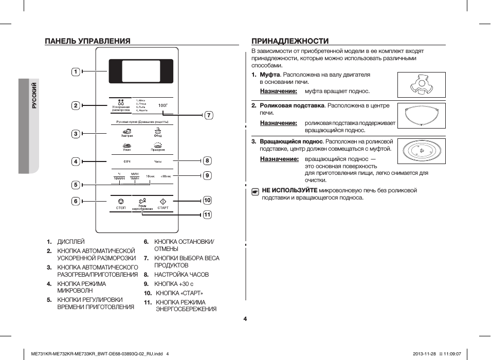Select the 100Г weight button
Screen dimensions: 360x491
tap(163, 105)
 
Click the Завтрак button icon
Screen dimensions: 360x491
tap(127, 132)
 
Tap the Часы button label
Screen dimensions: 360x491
tap(158, 161)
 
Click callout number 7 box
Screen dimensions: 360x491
tap(209, 115)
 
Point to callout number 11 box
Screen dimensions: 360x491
tap(207, 214)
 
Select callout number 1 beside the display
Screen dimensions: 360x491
tap(75, 71)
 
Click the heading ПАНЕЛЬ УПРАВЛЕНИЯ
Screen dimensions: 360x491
tap(87, 41)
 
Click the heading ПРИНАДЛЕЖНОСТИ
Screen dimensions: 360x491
tap(289, 41)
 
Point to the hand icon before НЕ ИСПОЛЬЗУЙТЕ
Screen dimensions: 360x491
tap(255, 191)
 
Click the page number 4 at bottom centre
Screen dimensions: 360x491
tap(245, 319)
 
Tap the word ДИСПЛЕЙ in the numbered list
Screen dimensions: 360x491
tap(70, 241)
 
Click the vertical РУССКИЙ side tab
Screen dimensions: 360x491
tap(34, 96)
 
